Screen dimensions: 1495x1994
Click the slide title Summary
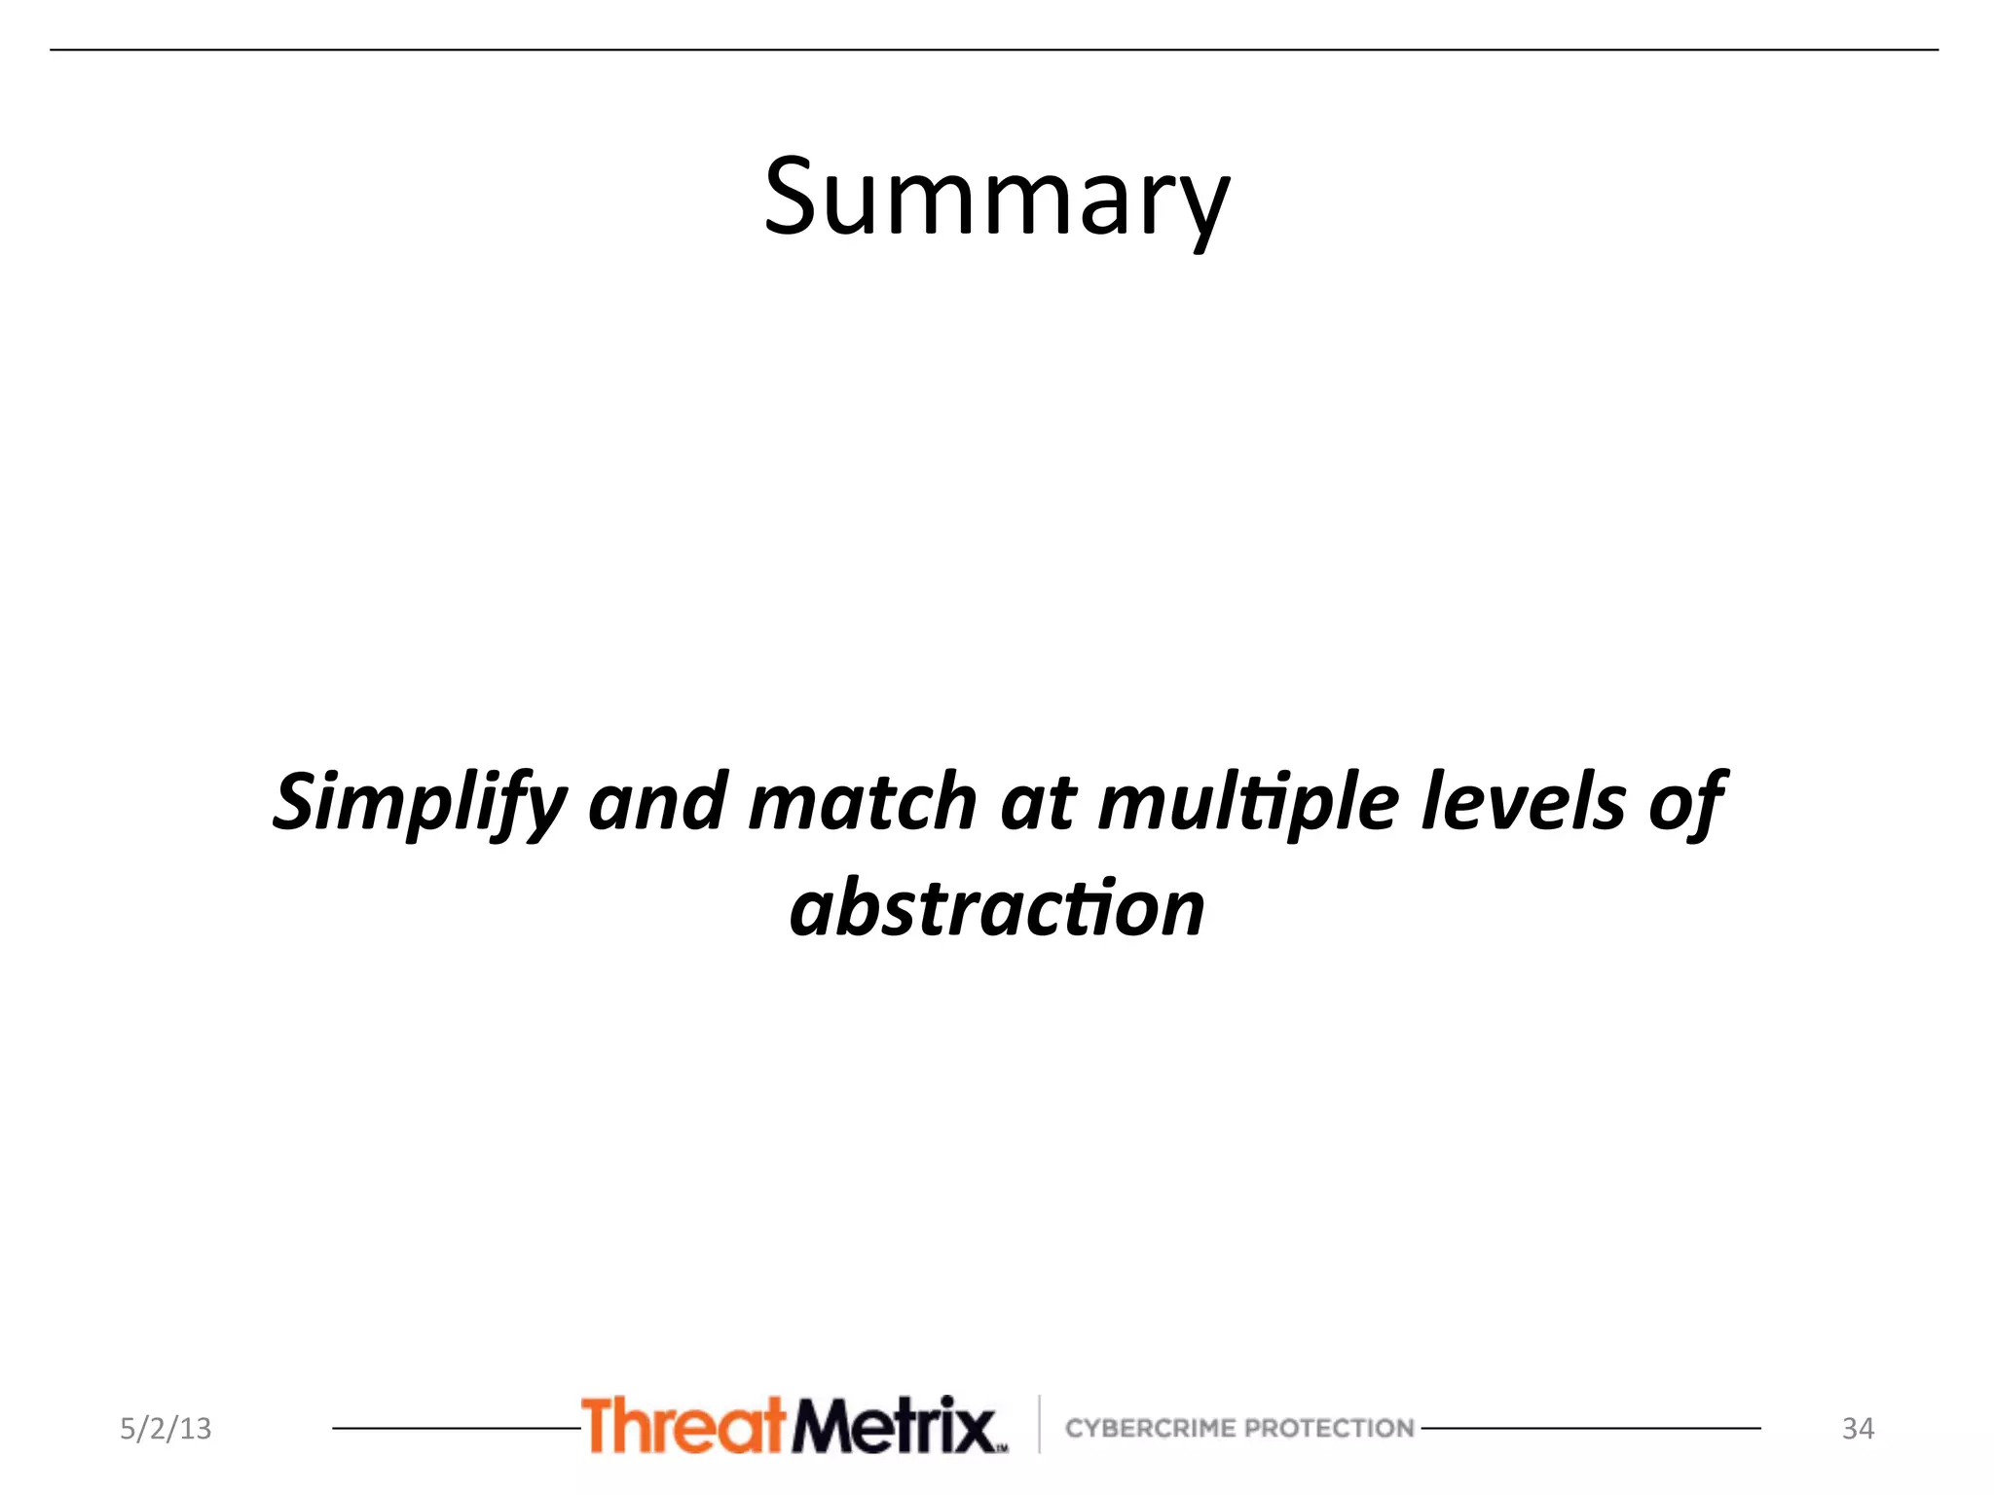[x=996, y=199]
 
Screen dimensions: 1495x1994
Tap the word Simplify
[x=419, y=802]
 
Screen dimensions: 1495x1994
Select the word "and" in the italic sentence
[x=658, y=802]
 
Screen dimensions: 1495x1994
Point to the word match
[x=863, y=802]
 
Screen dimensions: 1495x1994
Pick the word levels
[x=1523, y=802]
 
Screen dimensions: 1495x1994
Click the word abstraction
[x=997, y=909]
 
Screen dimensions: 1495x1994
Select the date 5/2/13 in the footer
[x=166, y=1429]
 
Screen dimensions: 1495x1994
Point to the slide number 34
[x=1858, y=1429]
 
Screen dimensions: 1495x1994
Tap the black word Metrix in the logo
[x=894, y=1427]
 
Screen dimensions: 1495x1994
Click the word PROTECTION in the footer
[x=1329, y=1428]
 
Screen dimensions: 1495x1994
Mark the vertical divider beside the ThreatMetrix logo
[x=1039, y=1424]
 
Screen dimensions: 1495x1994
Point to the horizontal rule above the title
[x=993, y=50]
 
